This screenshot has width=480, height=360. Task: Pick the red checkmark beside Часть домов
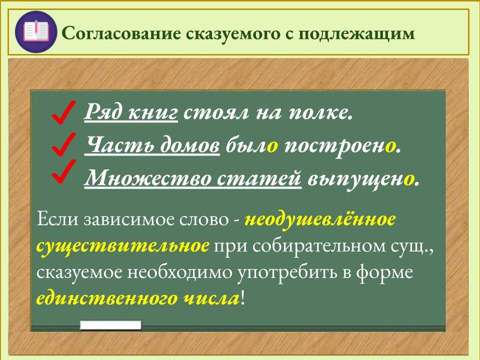point(63,144)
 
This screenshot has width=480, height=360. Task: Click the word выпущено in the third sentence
point(363,178)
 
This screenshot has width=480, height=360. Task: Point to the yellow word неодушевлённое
point(320,220)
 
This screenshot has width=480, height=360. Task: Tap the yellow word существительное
point(123,246)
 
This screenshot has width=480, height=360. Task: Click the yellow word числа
point(210,299)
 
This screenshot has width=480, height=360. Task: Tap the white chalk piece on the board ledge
point(110,325)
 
